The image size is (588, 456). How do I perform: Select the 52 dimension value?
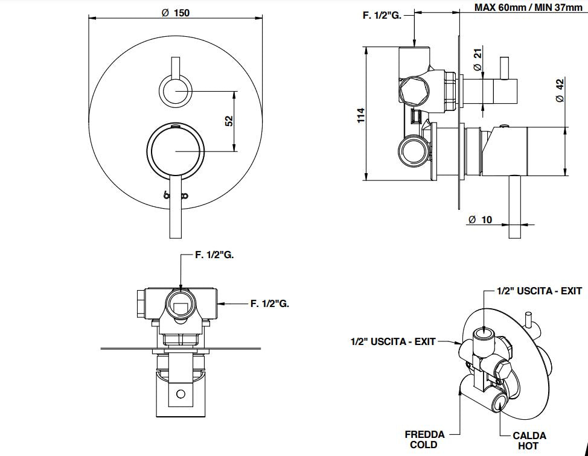(x=229, y=121)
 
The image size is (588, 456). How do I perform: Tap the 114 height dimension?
(x=361, y=115)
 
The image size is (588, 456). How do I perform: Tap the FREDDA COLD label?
(x=424, y=439)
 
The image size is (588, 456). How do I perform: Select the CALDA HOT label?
(x=529, y=440)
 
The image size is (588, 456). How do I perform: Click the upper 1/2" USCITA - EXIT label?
(x=539, y=291)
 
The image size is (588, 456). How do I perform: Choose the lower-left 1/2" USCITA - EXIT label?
(x=393, y=341)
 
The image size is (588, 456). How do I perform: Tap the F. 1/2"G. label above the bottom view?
(x=214, y=255)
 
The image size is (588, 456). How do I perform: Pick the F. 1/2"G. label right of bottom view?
(x=270, y=303)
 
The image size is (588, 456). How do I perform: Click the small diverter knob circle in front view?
(x=175, y=91)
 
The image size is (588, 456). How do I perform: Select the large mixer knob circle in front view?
(x=175, y=151)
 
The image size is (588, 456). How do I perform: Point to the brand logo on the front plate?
(x=176, y=195)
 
